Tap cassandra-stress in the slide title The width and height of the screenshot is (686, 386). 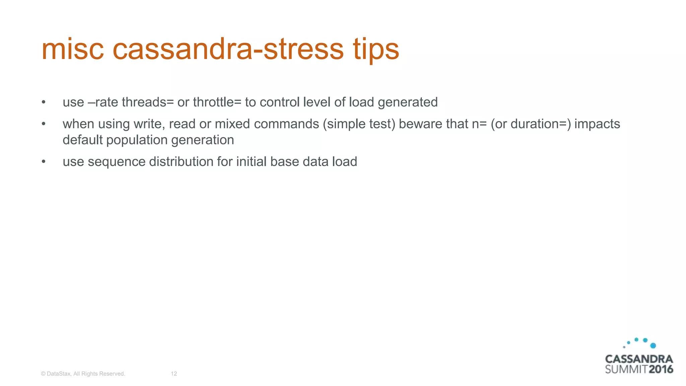pyautogui.click(x=228, y=49)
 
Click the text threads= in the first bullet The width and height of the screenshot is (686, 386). pyautogui.click(x=148, y=102)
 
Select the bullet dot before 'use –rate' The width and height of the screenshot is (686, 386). pyautogui.click(x=43, y=102)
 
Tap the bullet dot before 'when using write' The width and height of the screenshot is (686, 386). pyautogui.click(x=43, y=124)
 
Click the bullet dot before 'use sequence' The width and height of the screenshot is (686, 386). pyautogui.click(x=43, y=162)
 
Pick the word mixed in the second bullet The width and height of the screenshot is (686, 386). pyautogui.click(x=232, y=124)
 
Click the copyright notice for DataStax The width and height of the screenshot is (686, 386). pyautogui.click(x=83, y=374)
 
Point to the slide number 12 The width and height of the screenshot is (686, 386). pyautogui.click(x=174, y=374)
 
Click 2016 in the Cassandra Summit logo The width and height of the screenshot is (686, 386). pyautogui.click(x=661, y=370)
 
